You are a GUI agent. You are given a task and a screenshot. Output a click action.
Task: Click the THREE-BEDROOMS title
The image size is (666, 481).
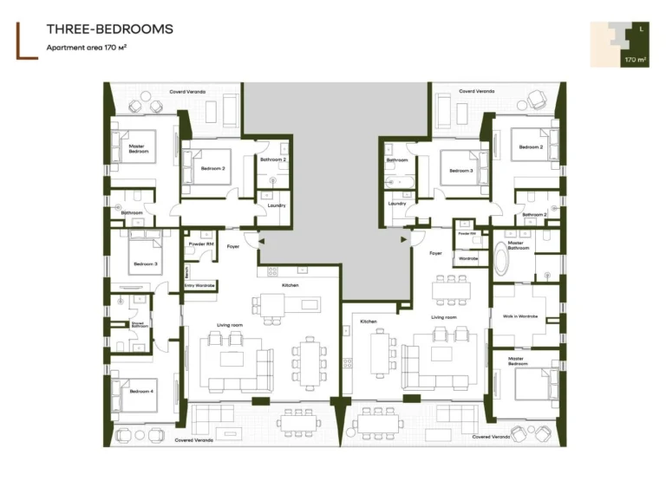pyautogui.click(x=109, y=29)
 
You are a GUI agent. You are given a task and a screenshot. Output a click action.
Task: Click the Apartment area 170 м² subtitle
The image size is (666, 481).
pyautogui.click(x=93, y=48)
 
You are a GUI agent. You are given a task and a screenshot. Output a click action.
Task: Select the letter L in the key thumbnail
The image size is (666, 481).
pyautogui.click(x=640, y=30)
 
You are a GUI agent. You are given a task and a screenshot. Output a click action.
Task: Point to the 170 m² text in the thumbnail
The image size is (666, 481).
pyautogui.click(x=635, y=60)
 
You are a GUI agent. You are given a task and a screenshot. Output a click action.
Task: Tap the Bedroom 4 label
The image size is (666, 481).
pyautogui.click(x=142, y=391)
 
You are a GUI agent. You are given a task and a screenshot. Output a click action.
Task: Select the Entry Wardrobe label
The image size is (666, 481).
pyautogui.click(x=199, y=285)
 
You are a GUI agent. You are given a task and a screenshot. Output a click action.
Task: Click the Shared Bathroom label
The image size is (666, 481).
pyautogui.click(x=137, y=324)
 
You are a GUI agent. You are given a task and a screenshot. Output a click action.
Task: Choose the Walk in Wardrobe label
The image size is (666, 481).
pyautogui.click(x=520, y=316)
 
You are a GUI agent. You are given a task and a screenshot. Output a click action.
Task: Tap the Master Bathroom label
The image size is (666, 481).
pyautogui.click(x=515, y=244)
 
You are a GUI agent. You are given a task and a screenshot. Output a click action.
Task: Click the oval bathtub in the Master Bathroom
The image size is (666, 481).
pyautogui.click(x=503, y=259)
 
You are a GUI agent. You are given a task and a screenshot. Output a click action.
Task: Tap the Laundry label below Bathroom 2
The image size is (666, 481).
pyautogui.click(x=276, y=205)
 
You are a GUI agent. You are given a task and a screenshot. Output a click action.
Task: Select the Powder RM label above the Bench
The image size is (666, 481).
pyautogui.click(x=200, y=245)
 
